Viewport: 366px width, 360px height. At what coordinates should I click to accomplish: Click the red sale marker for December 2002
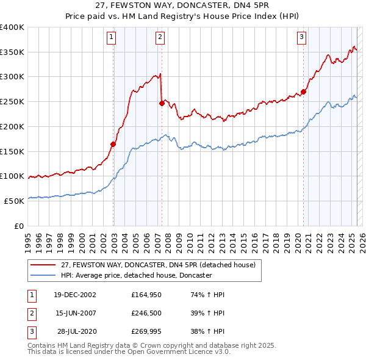point(113,144)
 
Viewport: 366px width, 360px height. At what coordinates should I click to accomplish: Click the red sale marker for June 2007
point(162,103)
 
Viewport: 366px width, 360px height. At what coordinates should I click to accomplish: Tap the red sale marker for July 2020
point(303,92)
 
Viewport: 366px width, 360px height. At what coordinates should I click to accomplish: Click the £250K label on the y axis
point(12,101)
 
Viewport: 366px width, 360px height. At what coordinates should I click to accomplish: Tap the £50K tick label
point(15,201)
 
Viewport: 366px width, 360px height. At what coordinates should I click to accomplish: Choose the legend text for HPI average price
point(136,276)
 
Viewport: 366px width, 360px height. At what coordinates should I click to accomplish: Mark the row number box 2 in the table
point(31,313)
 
